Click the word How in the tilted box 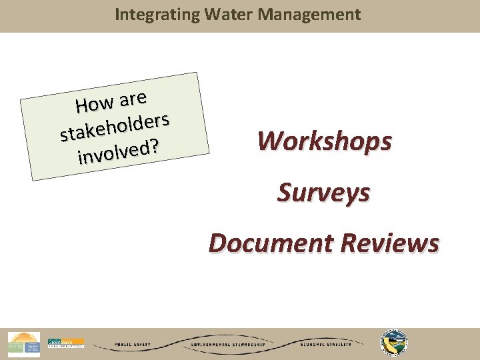point(95,105)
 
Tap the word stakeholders point(117,126)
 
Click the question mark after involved point(155,146)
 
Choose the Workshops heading point(325,141)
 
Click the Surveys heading point(324,193)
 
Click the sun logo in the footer point(24,343)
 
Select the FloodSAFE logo point(65,343)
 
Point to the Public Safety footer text point(133,345)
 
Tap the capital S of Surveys point(285,193)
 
